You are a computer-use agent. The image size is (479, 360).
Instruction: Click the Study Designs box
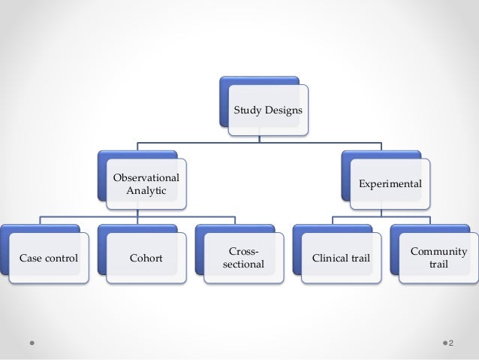[268, 110]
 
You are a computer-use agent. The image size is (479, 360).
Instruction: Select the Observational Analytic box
[146, 185]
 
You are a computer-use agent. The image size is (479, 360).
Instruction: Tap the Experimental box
[390, 183]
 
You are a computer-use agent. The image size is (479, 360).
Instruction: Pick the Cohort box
[146, 259]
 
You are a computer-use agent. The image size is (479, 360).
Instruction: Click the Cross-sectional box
[243, 258]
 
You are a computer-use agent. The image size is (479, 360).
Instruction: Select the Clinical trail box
[340, 259]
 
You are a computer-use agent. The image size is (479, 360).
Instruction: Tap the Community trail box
[438, 258]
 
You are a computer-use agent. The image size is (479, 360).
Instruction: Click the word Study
[247, 110]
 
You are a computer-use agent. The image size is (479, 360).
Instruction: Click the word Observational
[146, 178]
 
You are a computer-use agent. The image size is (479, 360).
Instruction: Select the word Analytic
[146, 191]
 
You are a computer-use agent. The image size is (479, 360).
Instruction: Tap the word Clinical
[330, 259]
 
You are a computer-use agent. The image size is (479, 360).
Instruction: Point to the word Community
[438, 252]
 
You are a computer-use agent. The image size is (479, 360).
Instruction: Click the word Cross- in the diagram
[243, 252]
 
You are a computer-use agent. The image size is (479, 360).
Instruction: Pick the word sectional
[243, 265]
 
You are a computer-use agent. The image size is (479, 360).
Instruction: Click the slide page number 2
[452, 343]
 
